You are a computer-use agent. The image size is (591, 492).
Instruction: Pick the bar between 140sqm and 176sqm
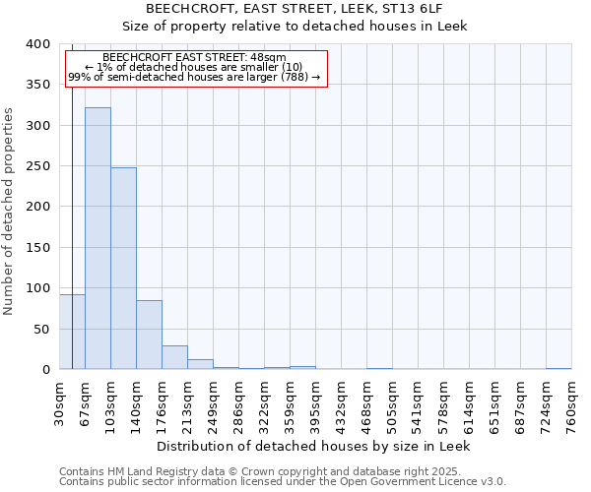pos(149,335)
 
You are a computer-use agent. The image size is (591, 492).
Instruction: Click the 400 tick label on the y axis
pos(37,44)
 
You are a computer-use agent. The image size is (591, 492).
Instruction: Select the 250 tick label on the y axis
pos(37,166)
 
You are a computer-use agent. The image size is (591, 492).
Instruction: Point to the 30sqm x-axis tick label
pos(60,401)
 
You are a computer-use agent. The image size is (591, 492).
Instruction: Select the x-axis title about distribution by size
pos(314,446)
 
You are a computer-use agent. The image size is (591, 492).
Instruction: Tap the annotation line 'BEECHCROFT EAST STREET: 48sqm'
pos(194,58)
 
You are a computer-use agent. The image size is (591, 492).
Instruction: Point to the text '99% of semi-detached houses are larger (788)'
pos(194,77)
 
